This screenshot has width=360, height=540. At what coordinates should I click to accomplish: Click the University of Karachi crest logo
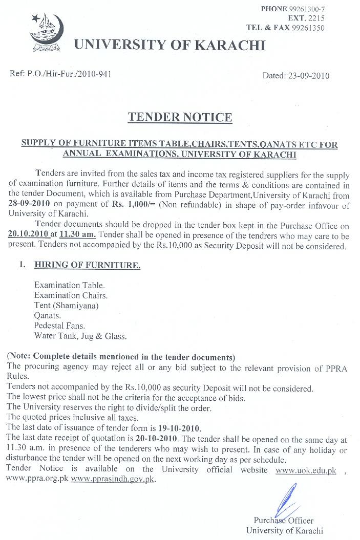(49, 33)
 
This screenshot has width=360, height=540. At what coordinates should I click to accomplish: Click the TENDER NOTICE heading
(180, 117)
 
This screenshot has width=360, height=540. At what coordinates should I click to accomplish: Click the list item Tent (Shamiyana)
(66, 306)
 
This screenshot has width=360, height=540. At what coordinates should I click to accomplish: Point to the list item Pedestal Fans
(59, 326)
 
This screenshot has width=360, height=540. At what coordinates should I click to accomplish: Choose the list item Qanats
(48, 316)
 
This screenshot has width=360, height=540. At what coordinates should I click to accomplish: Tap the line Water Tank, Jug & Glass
(80, 336)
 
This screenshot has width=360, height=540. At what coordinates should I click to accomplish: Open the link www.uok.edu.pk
(306, 469)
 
